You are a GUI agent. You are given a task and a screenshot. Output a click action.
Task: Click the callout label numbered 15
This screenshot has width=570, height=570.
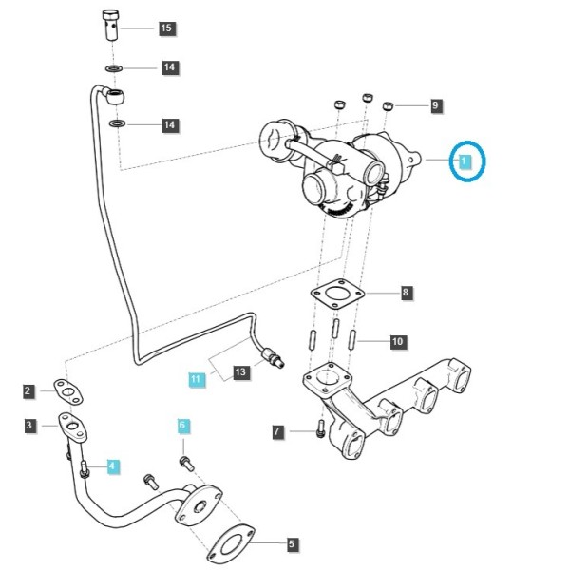pos(165,28)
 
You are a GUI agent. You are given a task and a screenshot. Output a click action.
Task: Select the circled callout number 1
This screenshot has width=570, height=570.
pos(464,161)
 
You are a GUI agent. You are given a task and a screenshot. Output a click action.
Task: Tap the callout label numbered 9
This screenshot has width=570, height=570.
pos(435,105)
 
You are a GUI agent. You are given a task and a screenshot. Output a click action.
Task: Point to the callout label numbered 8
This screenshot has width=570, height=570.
pos(406,292)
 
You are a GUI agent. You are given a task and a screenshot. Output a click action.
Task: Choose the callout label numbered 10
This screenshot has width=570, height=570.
pos(397,341)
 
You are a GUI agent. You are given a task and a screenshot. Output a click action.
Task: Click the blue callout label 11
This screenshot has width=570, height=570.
pos(196,379)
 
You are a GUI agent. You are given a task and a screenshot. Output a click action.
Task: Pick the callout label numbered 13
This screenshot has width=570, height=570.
pos(240,371)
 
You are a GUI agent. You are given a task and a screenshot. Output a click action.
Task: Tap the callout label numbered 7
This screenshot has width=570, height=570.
pos(277,431)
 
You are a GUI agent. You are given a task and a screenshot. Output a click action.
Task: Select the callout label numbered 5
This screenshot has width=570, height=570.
pos(292,543)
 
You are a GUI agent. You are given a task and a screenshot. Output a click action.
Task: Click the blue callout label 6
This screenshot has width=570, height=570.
pos(182,425)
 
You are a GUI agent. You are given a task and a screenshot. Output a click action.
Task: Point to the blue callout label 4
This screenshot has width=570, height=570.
pos(112,465)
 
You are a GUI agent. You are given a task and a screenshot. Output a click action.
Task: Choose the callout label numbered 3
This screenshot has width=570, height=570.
pos(29,426)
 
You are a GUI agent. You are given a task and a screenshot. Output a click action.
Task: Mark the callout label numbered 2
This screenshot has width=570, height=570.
pos(28,391)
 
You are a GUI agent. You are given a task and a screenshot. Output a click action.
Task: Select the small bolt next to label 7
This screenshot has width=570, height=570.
pos(320,428)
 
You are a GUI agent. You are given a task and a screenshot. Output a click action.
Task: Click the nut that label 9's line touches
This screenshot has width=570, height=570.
pos(388,106)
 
